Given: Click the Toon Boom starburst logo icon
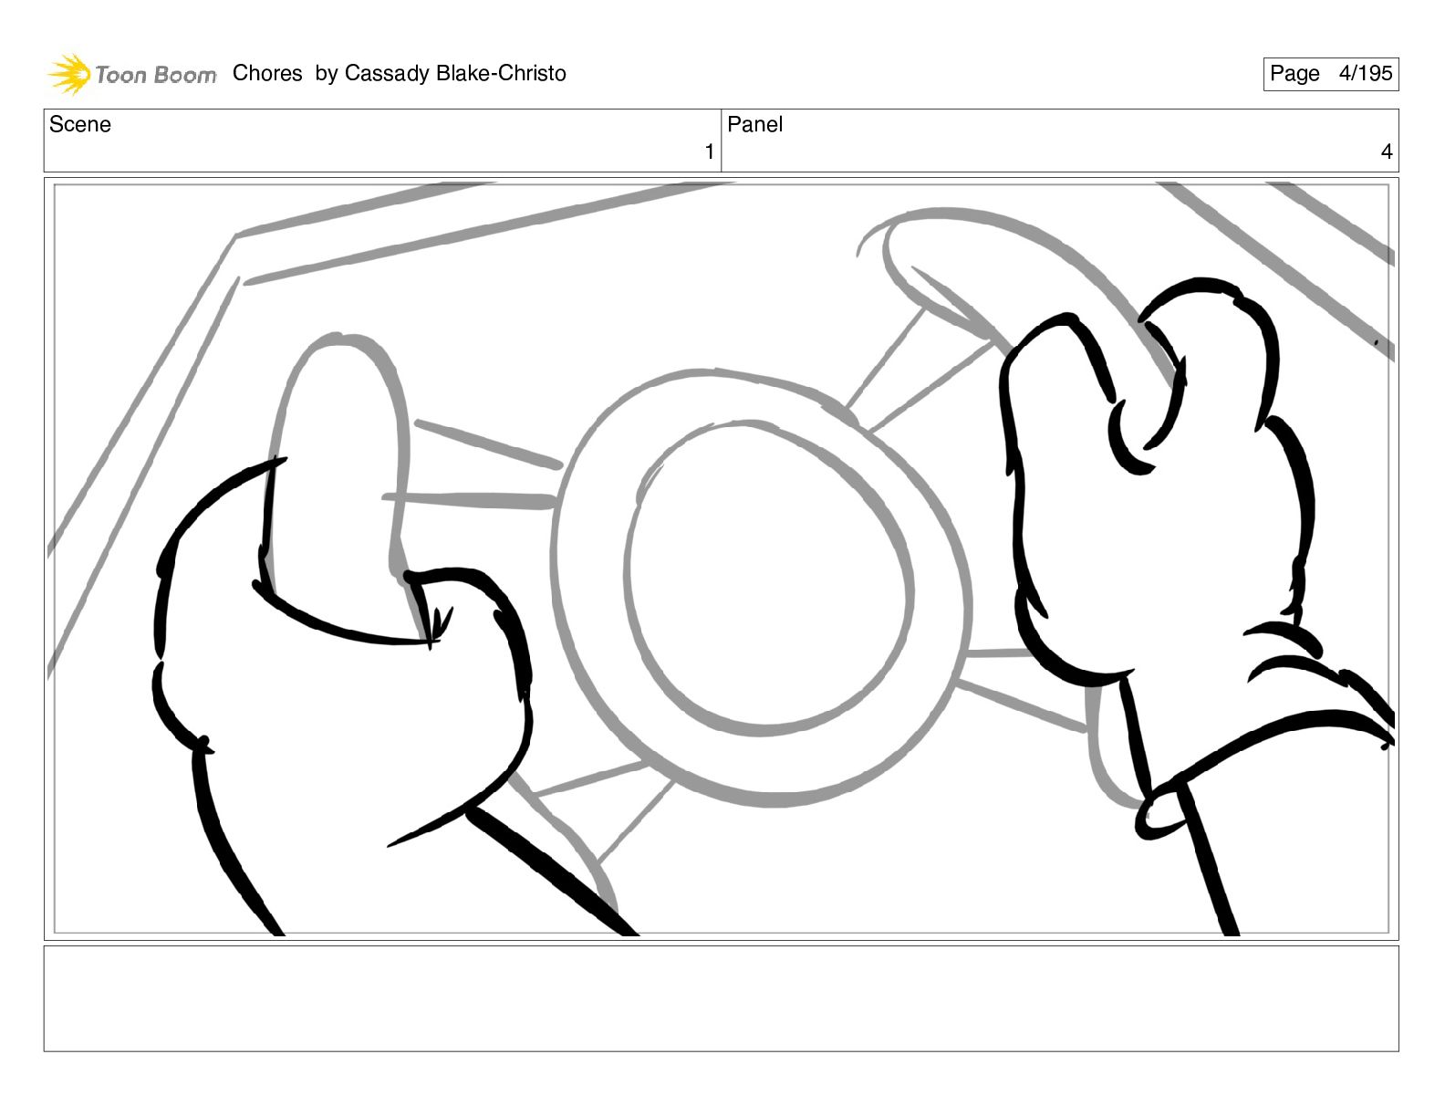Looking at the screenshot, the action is (x=69, y=74).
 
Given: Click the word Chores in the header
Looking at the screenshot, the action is (x=267, y=73).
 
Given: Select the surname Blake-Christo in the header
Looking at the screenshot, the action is (x=502, y=73).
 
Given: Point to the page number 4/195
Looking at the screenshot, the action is (x=1366, y=73).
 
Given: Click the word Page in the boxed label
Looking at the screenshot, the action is (x=1294, y=74).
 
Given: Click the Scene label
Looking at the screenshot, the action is (x=79, y=124).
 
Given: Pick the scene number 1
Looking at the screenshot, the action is (x=710, y=151).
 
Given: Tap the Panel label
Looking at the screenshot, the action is (x=754, y=124).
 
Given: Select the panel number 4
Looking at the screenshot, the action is (x=1387, y=151).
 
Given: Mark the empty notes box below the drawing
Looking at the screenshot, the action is (x=722, y=998).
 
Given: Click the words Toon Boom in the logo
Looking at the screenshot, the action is (x=156, y=75).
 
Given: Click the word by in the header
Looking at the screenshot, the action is (x=326, y=73).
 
